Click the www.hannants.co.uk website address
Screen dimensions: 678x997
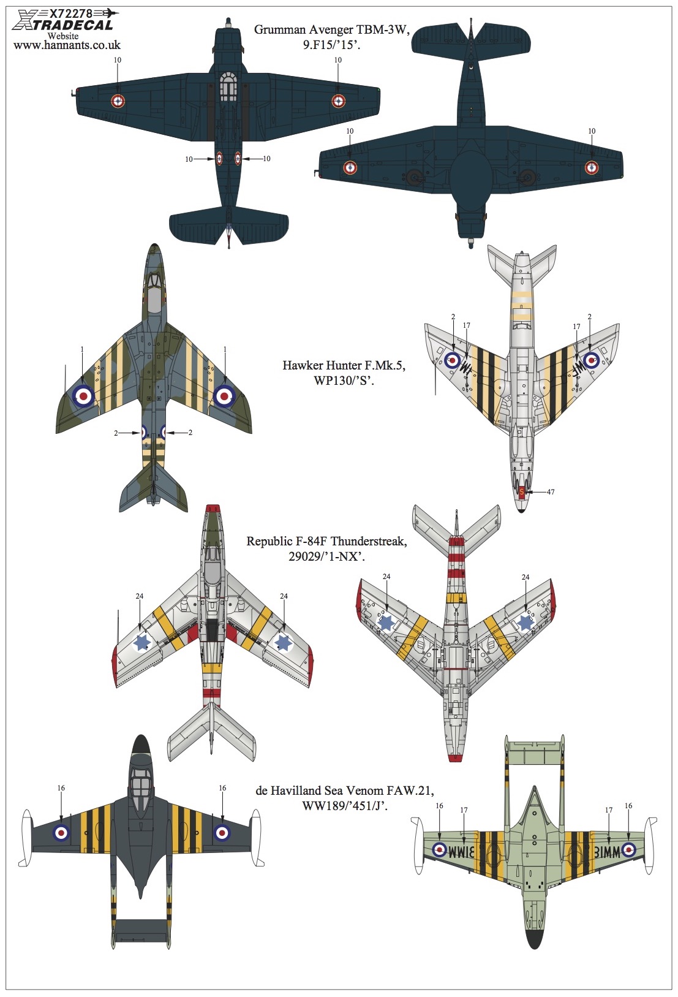67,45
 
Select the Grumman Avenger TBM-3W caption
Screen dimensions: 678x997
331,37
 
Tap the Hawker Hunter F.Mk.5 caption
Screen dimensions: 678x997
344,372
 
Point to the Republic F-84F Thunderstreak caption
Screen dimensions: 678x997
326,548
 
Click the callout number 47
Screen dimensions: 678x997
551,492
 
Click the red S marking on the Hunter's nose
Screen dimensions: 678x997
522,492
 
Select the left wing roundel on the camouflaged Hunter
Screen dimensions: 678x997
83,395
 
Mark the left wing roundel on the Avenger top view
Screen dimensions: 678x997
118,102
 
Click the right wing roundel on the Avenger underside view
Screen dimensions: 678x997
591,167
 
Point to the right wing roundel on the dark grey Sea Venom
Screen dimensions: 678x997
222,833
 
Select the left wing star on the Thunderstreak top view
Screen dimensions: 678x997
142,643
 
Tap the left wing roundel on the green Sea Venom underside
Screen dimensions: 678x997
439,850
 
